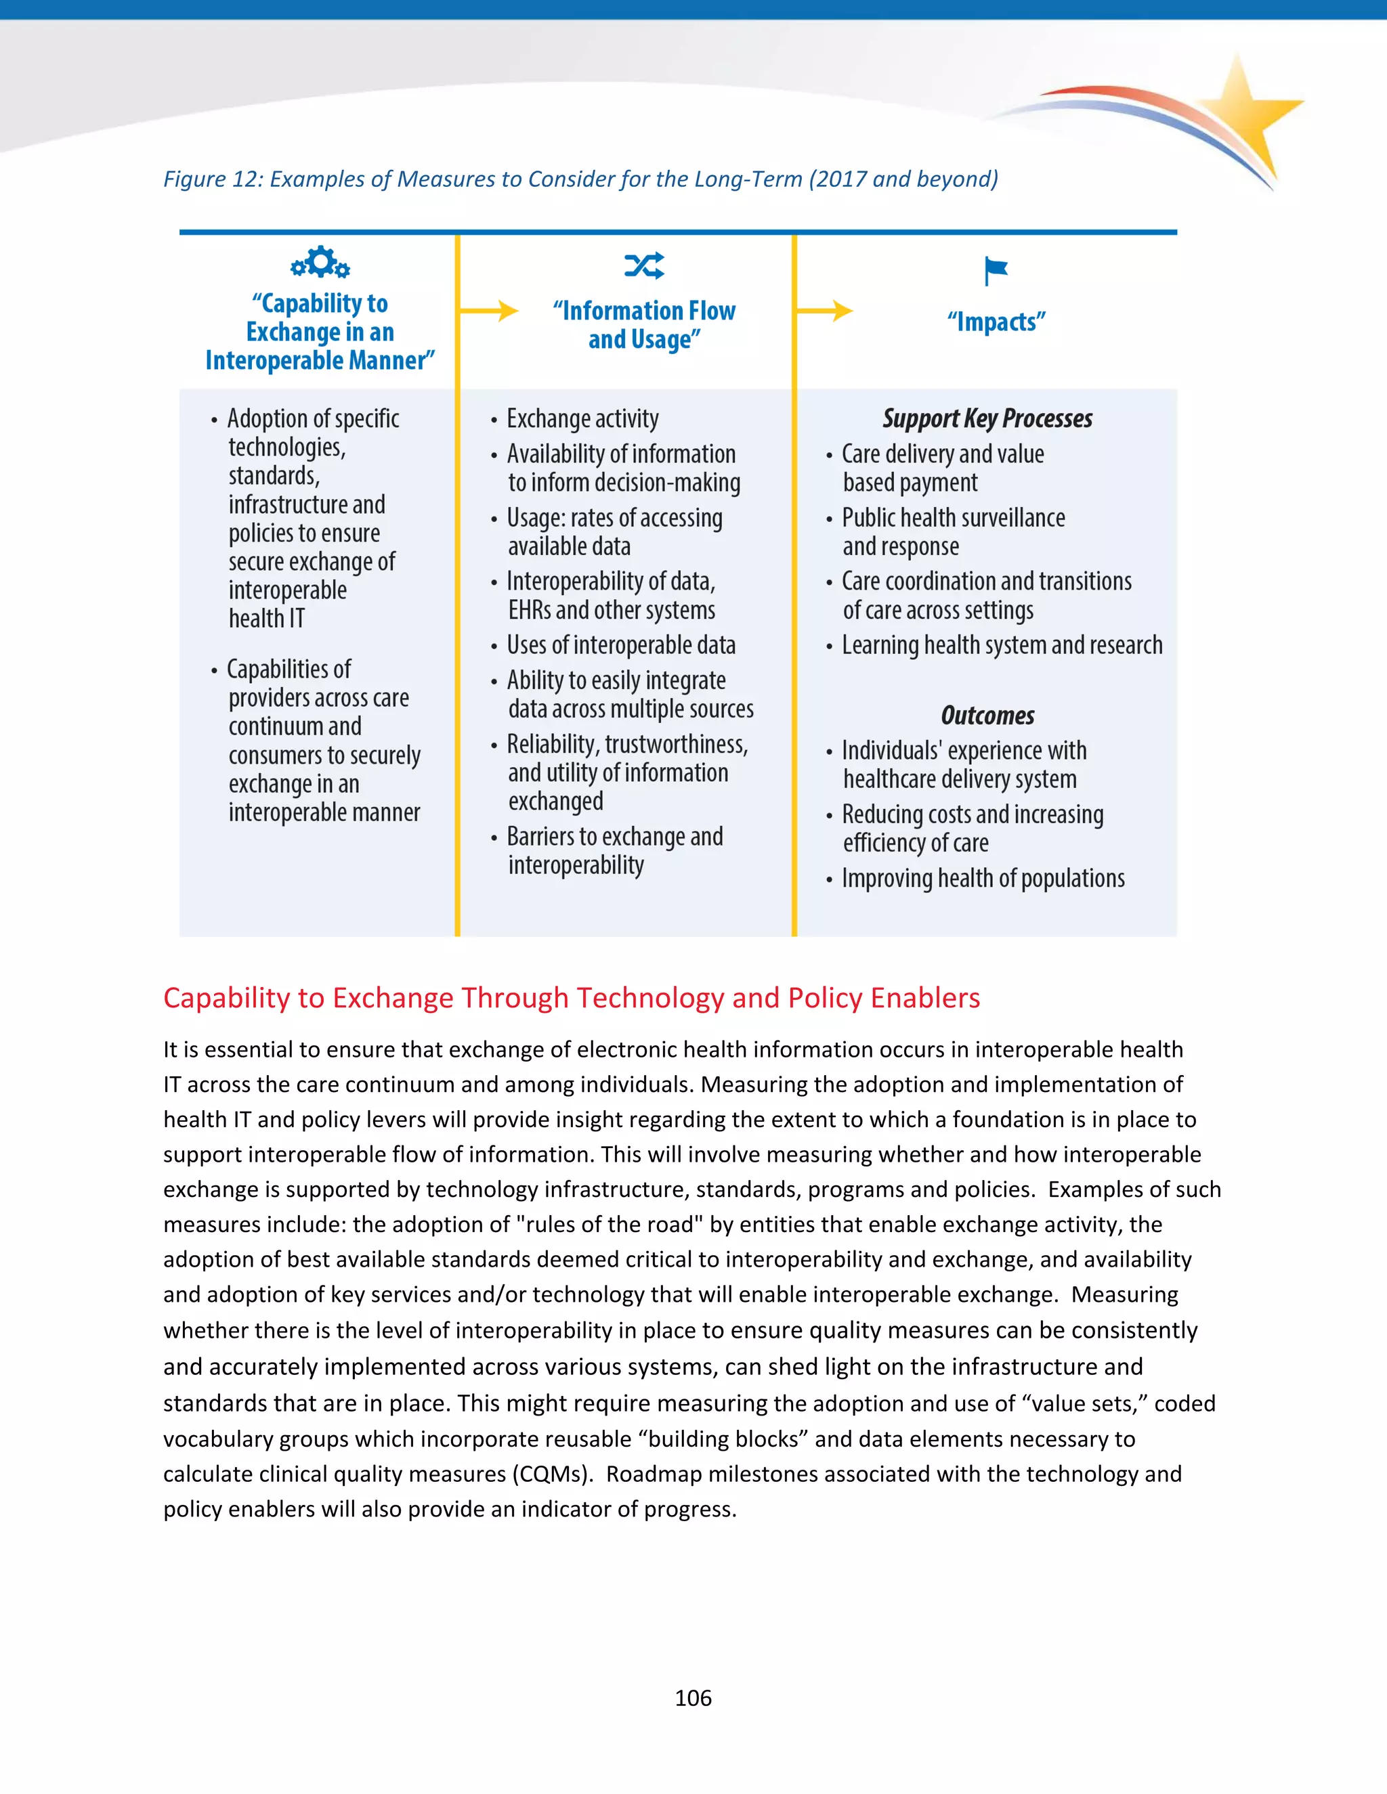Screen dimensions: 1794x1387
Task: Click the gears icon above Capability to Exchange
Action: click(x=320, y=263)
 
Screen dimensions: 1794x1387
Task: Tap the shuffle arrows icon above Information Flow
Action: click(x=644, y=265)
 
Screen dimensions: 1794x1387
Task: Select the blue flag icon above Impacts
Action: click(x=996, y=269)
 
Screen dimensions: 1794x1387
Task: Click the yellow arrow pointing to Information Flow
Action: click(x=490, y=311)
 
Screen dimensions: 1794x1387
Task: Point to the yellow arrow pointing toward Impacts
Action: click(x=825, y=311)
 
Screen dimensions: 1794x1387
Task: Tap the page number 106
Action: click(x=693, y=1698)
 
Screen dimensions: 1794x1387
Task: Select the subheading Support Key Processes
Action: click(x=987, y=419)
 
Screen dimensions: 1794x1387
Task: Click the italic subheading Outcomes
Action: click(x=987, y=716)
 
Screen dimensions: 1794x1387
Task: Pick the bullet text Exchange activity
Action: click(x=582, y=419)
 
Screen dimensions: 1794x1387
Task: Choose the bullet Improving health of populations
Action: click(x=983, y=878)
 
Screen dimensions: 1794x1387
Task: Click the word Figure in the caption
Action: click(x=192, y=179)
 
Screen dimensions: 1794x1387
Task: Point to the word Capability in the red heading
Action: click(x=228, y=998)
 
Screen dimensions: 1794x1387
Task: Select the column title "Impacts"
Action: click(x=996, y=322)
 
